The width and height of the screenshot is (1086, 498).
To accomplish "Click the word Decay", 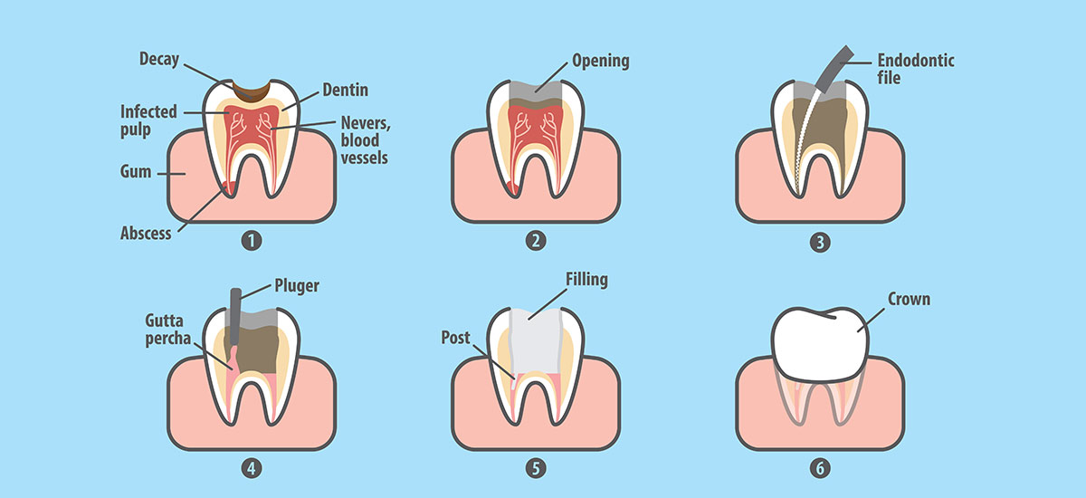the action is [x=159, y=59].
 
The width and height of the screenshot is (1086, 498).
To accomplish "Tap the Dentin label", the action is [x=345, y=90].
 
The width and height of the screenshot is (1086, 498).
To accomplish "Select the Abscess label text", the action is [x=146, y=234].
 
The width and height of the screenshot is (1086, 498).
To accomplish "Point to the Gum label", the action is [x=135, y=172].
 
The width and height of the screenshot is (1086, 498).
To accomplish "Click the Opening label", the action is [x=601, y=62].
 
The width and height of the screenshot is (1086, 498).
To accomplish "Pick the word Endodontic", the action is [x=916, y=61].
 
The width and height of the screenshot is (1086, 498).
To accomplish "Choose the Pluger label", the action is [x=297, y=286].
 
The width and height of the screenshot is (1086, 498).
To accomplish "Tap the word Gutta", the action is [x=165, y=321].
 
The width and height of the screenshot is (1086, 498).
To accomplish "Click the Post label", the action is [x=455, y=338].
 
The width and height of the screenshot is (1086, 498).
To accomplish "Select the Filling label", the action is [x=586, y=280].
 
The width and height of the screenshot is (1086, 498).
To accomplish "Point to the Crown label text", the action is [x=909, y=299].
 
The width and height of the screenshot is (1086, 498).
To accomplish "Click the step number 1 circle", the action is [x=252, y=241].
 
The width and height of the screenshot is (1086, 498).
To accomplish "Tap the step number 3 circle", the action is [x=820, y=242].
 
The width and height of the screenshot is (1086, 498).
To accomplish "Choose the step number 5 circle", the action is [x=536, y=468].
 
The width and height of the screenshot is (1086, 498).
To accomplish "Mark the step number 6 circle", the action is [x=820, y=468].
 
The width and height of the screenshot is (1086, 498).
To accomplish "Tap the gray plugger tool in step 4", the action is [x=235, y=316].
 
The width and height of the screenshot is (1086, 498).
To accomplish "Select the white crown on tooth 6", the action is [x=820, y=344].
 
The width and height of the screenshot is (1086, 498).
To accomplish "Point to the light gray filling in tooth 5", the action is [x=536, y=341].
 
